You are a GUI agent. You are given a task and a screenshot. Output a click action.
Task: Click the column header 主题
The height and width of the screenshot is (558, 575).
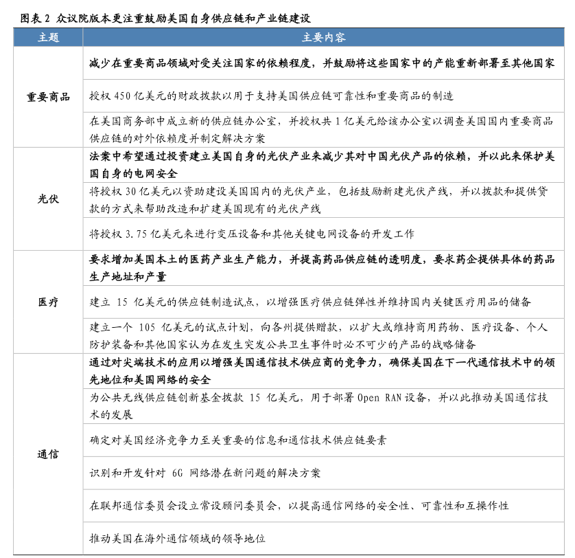48,37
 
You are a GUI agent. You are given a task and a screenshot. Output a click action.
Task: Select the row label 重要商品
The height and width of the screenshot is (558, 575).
48,97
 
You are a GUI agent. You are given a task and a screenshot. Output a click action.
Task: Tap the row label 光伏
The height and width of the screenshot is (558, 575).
48,199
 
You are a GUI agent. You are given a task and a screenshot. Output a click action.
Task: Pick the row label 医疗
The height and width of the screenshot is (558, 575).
48,302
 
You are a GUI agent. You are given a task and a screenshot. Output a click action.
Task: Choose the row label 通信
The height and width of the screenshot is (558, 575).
48,454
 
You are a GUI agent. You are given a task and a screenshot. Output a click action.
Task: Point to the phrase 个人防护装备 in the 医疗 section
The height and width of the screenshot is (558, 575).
535,327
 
